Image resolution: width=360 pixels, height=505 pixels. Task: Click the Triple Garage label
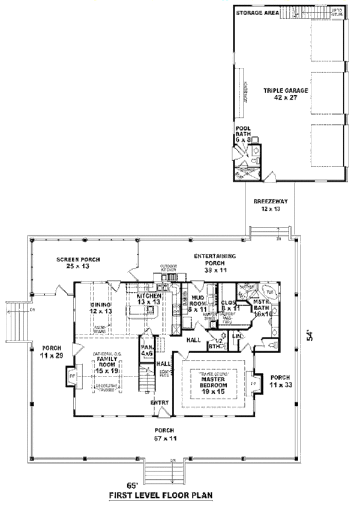point(285,94)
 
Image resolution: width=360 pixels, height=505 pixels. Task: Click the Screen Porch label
point(78,262)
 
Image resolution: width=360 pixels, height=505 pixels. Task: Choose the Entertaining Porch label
point(214,259)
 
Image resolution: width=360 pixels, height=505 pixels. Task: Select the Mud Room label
point(197,304)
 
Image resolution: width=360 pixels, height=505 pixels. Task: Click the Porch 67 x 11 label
point(163,434)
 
